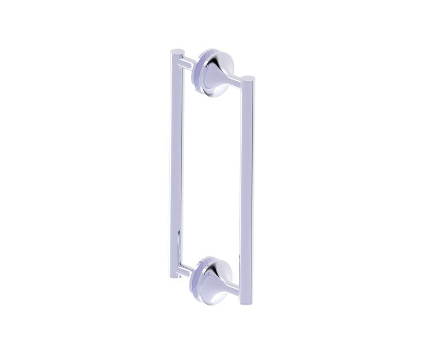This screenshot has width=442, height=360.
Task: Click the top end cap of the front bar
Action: coord(248,77)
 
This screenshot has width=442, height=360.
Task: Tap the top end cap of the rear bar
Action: coord(178,51)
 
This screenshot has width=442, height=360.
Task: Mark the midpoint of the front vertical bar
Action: coord(246,190)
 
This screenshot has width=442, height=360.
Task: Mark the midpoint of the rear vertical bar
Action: coord(176,164)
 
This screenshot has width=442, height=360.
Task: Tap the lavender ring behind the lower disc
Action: coord(200,282)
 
